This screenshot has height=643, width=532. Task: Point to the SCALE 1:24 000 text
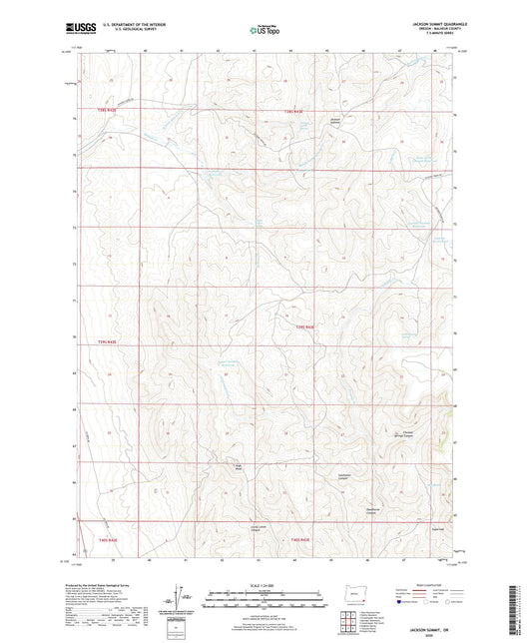(x=265, y=584)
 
